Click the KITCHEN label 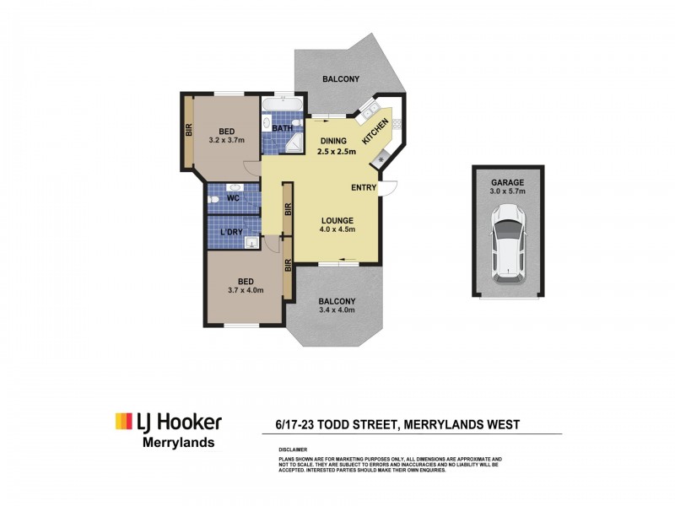click(375, 132)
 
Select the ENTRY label click(364, 188)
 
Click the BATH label click(283, 129)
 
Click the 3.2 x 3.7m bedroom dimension click(227, 142)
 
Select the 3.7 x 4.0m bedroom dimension click(246, 291)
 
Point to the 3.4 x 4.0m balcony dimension click(337, 311)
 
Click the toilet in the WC click(216, 200)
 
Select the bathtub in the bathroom click(282, 105)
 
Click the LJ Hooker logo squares click(122, 421)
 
